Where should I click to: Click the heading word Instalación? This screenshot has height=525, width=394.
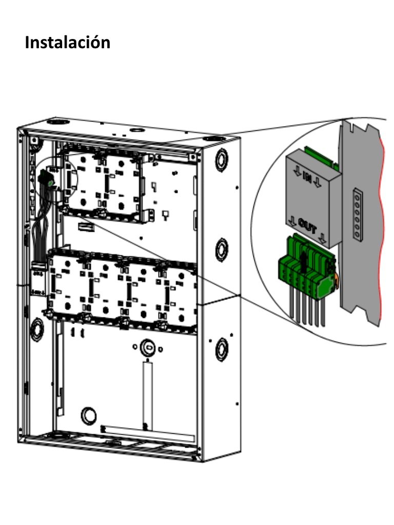[67, 42]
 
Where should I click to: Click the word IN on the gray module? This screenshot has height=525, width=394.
[307, 177]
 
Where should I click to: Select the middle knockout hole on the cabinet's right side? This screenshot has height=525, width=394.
[222, 249]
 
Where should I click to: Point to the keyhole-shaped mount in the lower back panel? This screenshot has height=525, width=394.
[147, 348]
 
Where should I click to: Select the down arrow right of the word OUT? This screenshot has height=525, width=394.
[322, 237]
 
